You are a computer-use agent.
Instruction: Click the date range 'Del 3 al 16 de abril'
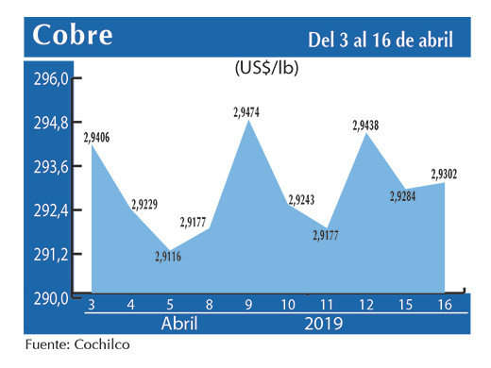click(x=380, y=40)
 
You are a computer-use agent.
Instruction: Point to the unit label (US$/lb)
click(x=268, y=69)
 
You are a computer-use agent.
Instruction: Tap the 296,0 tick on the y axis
click(x=52, y=80)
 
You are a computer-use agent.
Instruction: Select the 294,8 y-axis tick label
click(x=52, y=124)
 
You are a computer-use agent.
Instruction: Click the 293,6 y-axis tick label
click(x=52, y=167)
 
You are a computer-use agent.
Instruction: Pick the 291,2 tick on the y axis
click(x=52, y=254)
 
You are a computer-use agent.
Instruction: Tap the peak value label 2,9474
click(x=249, y=111)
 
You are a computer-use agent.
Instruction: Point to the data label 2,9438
click(x=368, y=125)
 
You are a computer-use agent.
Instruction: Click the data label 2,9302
click(x=446, y=173)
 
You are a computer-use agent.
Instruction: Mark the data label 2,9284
click(x=405, y=197)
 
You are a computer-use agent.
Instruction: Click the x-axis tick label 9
click(x=248, y=305)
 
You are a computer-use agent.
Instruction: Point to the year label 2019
click(x=325, y=323)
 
